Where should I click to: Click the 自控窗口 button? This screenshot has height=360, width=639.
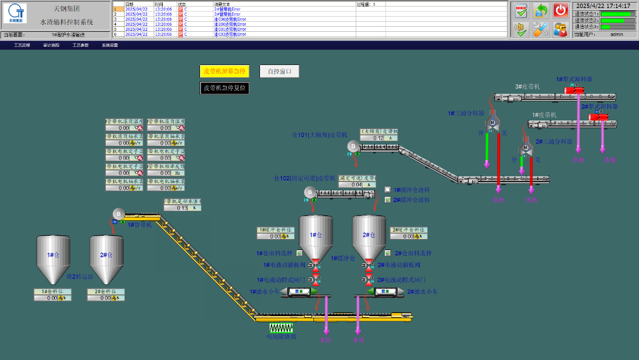(x=279, y=72)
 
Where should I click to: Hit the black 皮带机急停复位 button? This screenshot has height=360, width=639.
(x=224, y=88)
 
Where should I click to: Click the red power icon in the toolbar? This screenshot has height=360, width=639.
(x=560, y=10)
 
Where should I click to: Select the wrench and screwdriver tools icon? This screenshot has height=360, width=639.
(x=541, y=29)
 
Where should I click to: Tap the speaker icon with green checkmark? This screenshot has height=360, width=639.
(x=521, y=29)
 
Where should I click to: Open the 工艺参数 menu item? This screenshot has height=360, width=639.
(x=80, y=45)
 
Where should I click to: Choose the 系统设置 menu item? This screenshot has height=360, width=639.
(x=110, y=45)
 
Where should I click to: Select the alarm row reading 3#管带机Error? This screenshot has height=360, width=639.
(x=230, y=14)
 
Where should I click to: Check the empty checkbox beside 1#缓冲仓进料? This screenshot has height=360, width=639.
(x=388, y=190)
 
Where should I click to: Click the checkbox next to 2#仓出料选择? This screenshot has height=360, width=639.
(x=388, y=253)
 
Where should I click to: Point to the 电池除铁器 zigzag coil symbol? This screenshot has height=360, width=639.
(x=281, y=328)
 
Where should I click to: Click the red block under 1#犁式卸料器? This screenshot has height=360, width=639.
(x=574, y=90)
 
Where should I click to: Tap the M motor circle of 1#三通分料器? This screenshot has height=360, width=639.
(x=492, y=123)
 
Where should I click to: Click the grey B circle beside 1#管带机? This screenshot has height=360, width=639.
(x=118, y=214)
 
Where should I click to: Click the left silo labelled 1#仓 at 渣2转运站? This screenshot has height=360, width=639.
(x=53, y=265)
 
